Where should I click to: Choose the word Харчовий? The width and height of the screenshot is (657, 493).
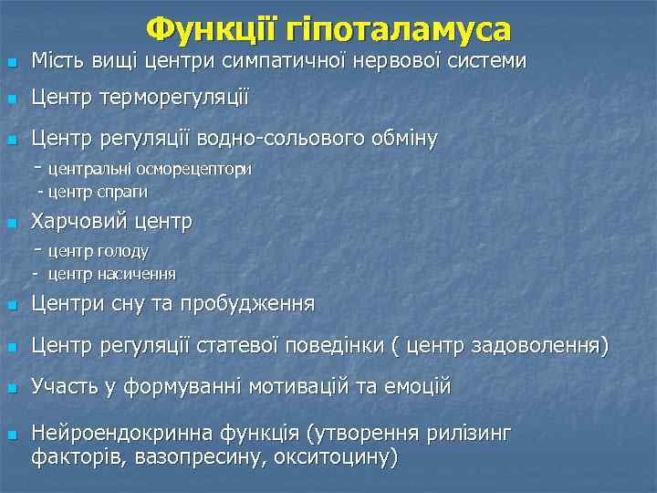tap(79, 222)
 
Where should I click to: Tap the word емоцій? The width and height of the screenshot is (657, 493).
tap(421, 387)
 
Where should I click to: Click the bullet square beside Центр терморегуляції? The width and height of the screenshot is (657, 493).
tap(11, 98)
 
